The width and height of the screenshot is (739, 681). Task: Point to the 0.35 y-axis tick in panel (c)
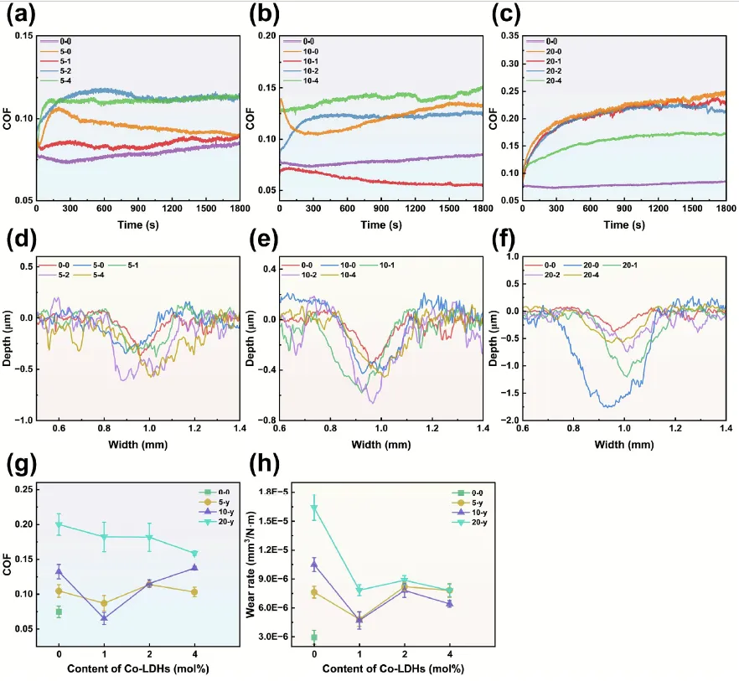point(508,37)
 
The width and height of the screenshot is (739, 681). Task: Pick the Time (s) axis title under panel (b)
point(380,226)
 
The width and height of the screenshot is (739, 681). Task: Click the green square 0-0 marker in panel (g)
point(59,612)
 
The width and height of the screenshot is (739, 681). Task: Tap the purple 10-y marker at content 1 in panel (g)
point(104,618)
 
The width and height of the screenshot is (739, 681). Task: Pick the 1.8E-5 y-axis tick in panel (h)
point(261,492)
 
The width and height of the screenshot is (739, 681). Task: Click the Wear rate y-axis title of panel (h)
point(250,563)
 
